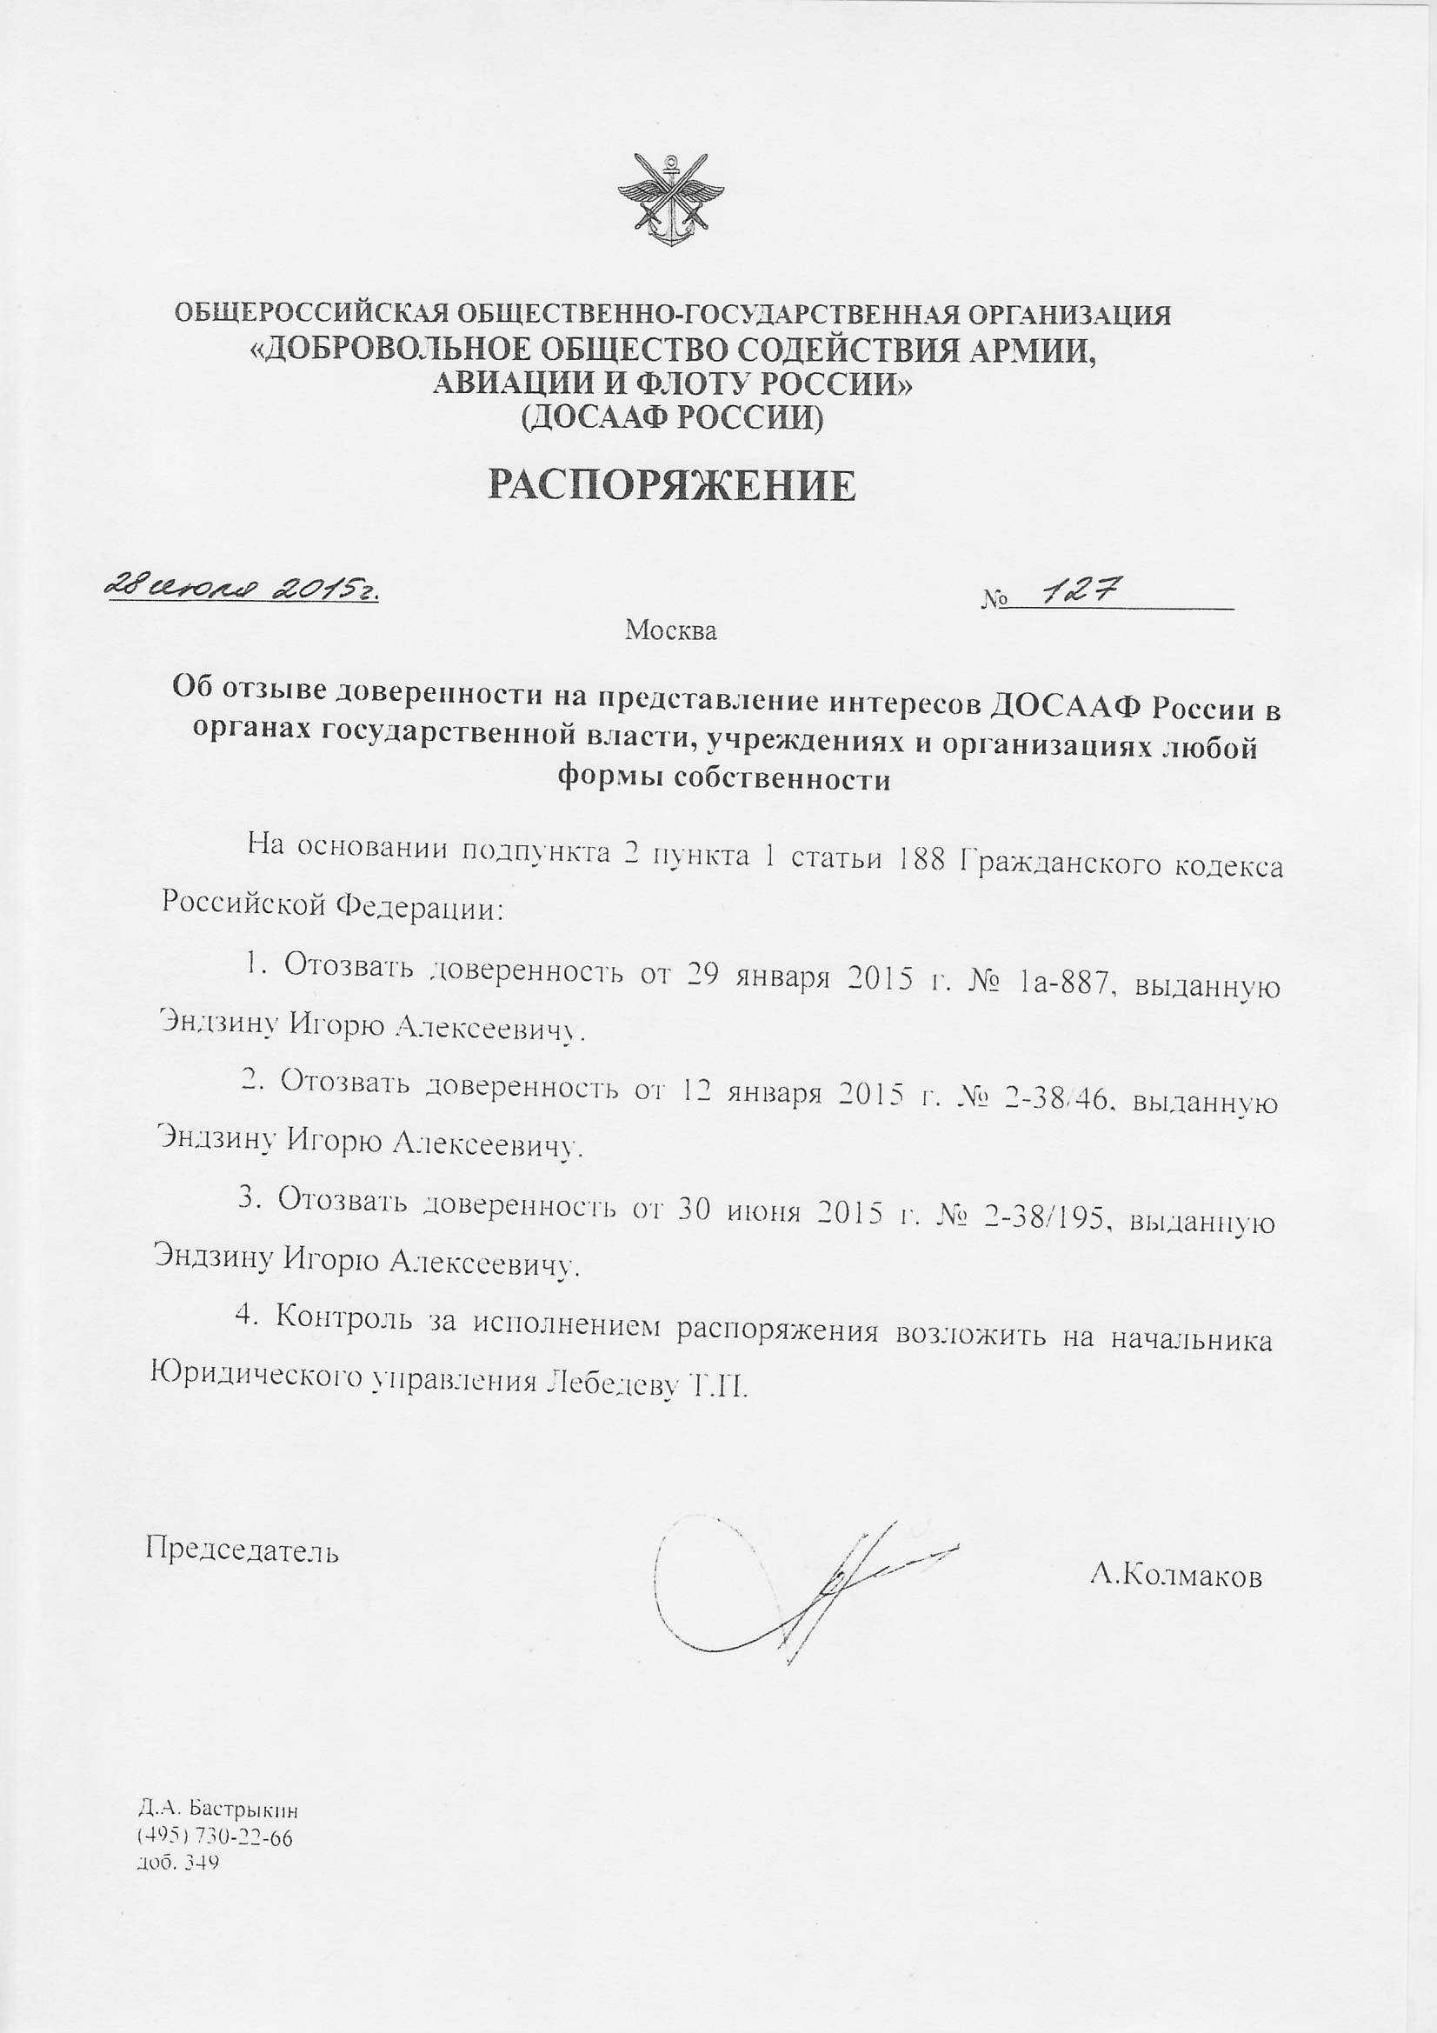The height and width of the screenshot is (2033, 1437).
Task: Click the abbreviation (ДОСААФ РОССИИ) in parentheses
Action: pos(672,417)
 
